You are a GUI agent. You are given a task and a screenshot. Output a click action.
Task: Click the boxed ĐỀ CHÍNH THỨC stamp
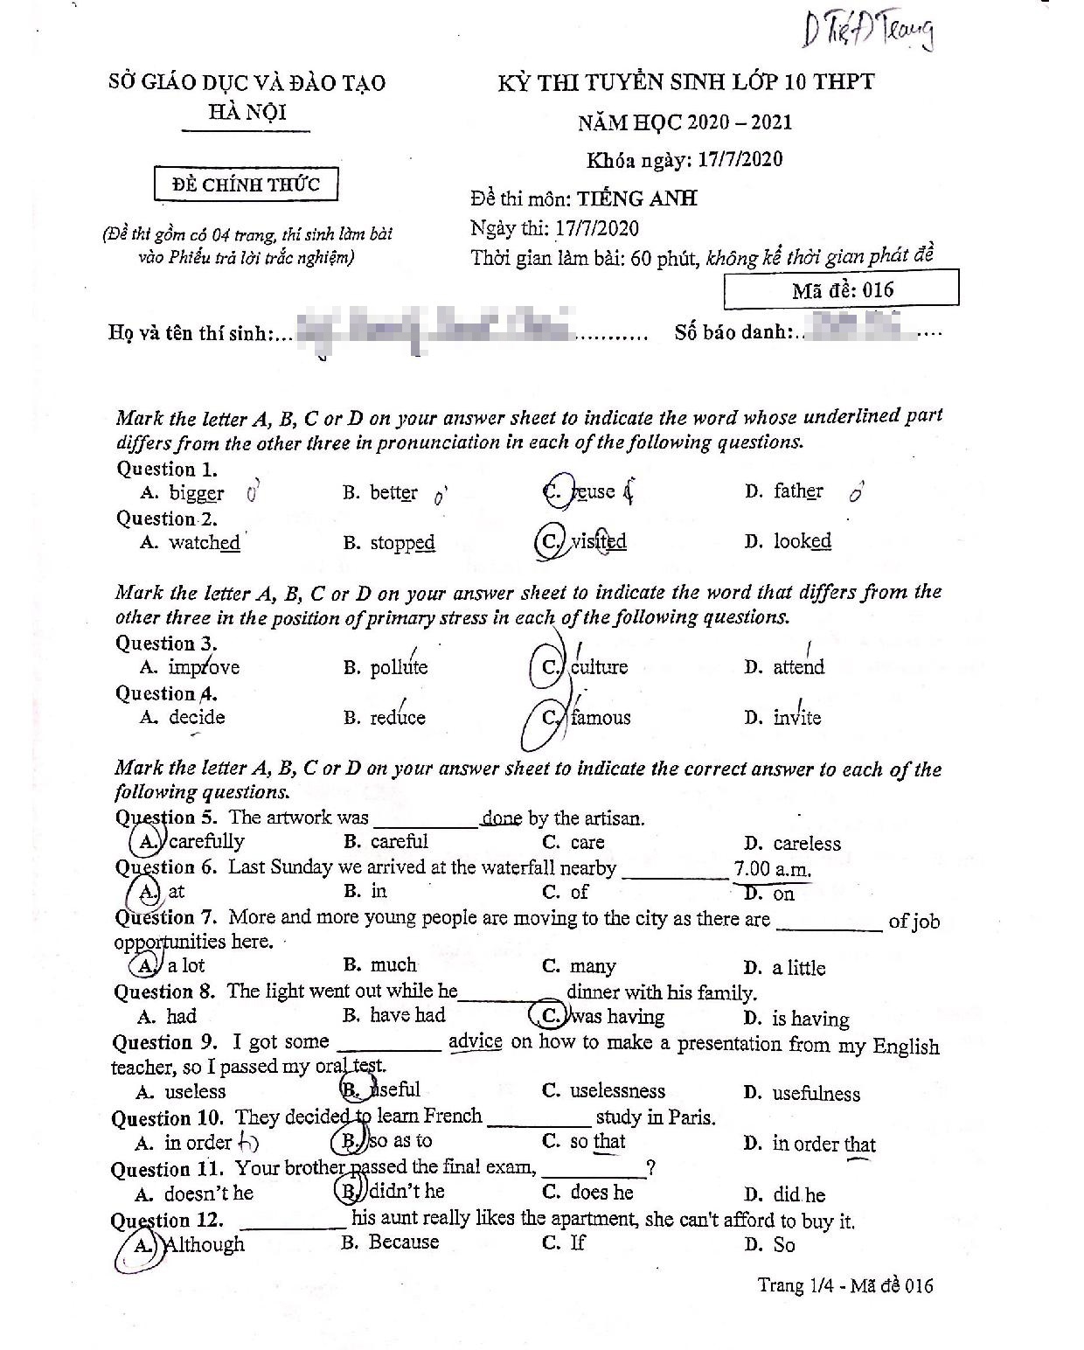246,184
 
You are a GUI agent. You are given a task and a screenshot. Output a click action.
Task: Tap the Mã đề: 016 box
841,289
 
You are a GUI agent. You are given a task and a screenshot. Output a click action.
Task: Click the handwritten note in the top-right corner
867,32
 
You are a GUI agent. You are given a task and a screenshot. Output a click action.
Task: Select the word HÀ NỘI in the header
247,112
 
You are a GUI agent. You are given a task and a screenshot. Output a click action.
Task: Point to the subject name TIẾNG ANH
636,198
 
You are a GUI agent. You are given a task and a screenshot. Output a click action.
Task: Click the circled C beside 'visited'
550,542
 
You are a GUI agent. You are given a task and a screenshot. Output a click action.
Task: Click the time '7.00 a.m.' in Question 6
772,869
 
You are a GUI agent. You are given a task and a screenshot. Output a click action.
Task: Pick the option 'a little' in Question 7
798,968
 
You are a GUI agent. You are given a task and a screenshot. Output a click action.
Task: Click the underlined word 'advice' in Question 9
475,1042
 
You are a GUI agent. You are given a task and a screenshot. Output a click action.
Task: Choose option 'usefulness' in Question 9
816,1093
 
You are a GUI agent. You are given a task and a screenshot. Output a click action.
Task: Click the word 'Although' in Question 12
205,1244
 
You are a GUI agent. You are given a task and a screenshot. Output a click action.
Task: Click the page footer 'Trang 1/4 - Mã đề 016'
845,1285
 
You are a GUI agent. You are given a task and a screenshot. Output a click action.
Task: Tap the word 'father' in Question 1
797,491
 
